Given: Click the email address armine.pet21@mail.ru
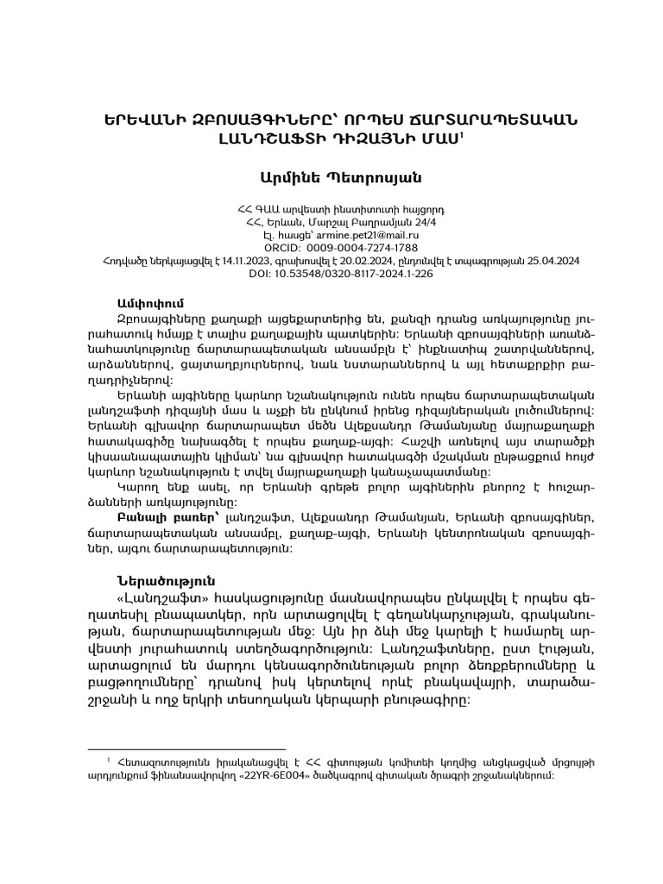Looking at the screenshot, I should coord(357,234).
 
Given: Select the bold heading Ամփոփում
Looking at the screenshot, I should coord(149,304).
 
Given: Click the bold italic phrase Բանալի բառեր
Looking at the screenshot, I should coord(152,515).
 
